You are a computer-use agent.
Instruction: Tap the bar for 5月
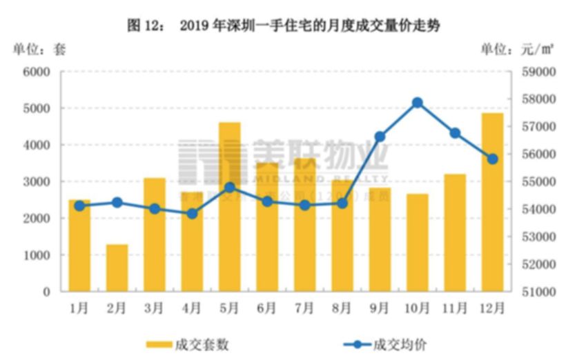(229, 207)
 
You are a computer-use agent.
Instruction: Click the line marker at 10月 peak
(417, 103)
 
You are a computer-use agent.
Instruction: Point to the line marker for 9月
(380, 137)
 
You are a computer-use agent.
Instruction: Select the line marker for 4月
(192, 214)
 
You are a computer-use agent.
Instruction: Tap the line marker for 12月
(492, 159)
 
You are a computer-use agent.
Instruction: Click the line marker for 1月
(79, 206)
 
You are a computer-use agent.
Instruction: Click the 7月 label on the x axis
(304, 308)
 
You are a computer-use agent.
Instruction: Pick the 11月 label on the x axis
(454, 308)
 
